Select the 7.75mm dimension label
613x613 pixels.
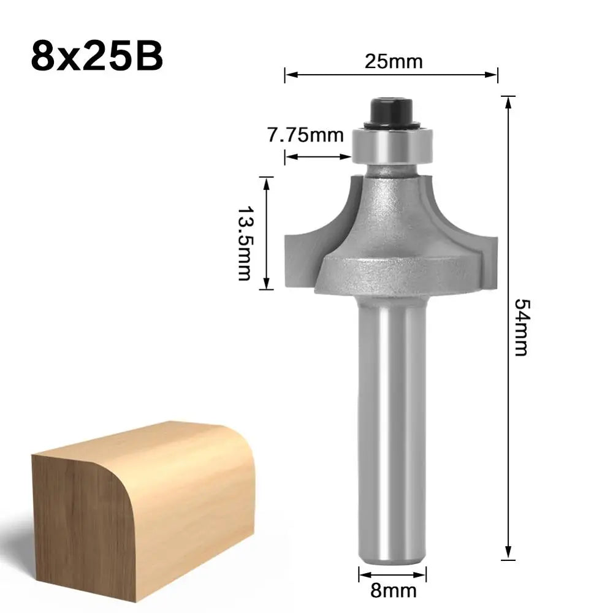click(305, 134)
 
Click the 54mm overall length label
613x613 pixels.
click(521, 328)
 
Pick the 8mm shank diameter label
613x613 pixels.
click(392, 591)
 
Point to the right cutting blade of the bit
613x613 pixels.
click(478, 245)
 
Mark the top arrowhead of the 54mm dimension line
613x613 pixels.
click(508, 102)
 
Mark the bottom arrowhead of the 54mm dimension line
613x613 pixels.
click(508, 554)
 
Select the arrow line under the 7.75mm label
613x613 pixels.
click(318, 157)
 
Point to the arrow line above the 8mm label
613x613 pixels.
click(392, 575)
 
